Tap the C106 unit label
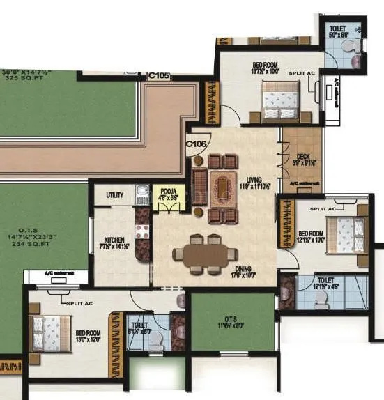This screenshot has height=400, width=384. coord(196,144)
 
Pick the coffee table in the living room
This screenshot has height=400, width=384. coord(223,186)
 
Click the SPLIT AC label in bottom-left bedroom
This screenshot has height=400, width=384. coord(82,304)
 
